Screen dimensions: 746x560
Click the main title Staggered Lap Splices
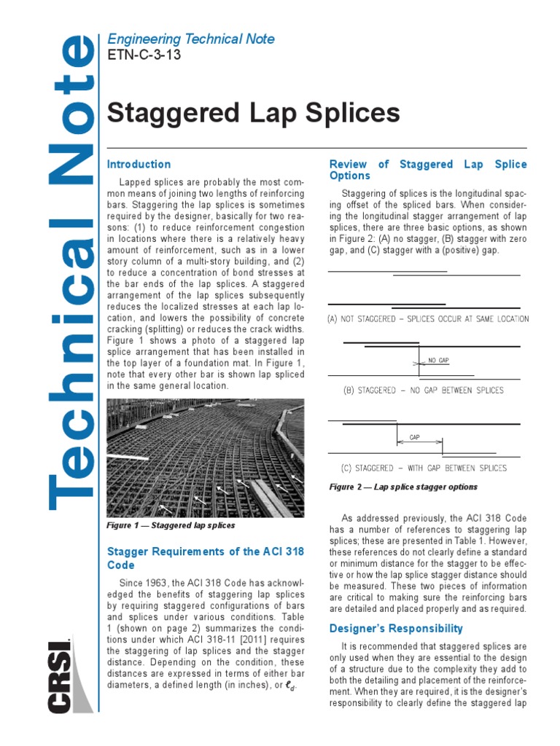tap(253, 114)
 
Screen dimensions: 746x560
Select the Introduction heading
tap(139, 165)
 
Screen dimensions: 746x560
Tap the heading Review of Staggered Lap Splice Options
tap(428, 170)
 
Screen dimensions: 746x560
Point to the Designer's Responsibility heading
tap(396, 628)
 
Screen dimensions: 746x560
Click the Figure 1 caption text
tap(171, 525)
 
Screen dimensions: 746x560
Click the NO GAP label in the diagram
tap(438, 361)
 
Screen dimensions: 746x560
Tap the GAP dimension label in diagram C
tap(414, 437)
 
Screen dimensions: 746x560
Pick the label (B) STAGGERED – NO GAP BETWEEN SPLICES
tap(423, 390)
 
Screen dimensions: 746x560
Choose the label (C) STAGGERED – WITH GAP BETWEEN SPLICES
tap(424, 468)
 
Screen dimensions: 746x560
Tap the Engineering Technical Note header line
tap(190, 39)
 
